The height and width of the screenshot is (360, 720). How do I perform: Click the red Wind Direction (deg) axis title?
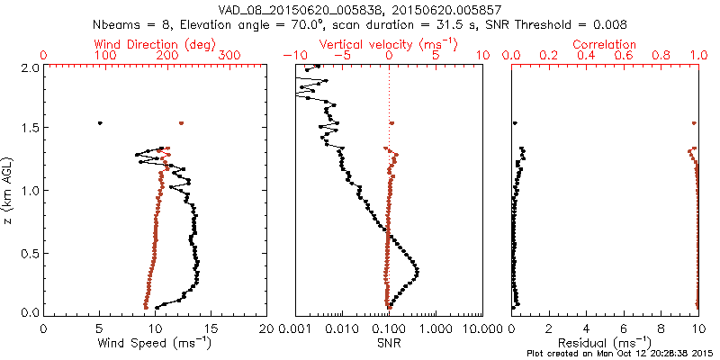pyautogui.click(x=156, y=44)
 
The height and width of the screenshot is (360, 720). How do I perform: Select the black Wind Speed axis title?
pyautogui.click(x=156, y=343)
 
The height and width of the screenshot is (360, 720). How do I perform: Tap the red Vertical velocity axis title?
pyautogui.click(x=389, y=44)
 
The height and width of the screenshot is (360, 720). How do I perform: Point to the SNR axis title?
pyautogui.click(x=389, y=343)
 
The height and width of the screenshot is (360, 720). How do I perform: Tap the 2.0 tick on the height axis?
pyautogui.click(x=30, y=67)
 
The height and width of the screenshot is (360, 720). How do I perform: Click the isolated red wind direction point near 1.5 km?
pyautogui.click(x=181, y=122)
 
